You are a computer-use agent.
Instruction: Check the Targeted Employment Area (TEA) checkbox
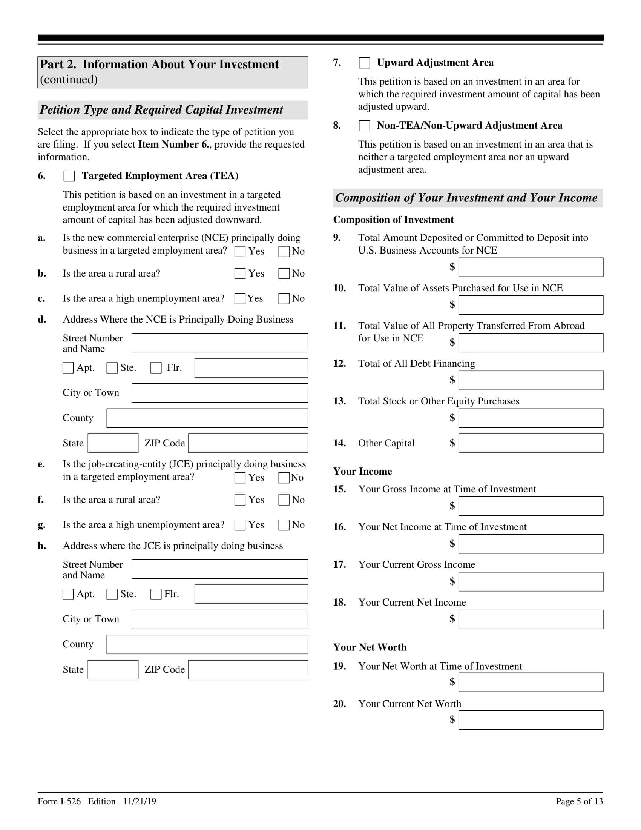69,176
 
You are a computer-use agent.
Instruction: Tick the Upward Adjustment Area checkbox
364,63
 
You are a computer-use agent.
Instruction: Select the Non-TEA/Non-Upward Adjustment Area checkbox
364,126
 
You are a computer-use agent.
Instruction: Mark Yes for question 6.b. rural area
239,274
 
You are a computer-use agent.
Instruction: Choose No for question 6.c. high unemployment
284,299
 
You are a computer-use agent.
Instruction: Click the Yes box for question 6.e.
239,478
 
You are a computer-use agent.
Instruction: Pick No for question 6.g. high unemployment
284,525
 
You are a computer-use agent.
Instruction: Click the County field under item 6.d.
207,418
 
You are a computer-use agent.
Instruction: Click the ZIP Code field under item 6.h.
248,670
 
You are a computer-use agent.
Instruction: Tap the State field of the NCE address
113,443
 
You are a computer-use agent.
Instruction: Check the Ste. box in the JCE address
112,594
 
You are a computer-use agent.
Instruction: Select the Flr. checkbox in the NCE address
156,368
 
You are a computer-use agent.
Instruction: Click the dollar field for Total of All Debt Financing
531,380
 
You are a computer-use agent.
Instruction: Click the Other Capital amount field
531,443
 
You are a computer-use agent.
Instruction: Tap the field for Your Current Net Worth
531,720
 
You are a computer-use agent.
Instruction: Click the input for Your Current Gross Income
531,581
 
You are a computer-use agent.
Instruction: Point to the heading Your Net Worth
370,647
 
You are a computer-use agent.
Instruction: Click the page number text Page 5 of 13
579,801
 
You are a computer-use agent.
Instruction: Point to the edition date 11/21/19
140,801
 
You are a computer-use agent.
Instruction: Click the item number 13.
339,401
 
